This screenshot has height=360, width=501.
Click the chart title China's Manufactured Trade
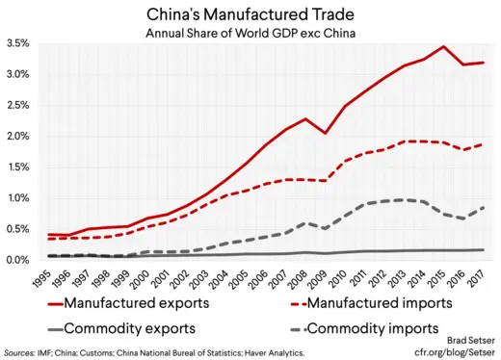point(250,14)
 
